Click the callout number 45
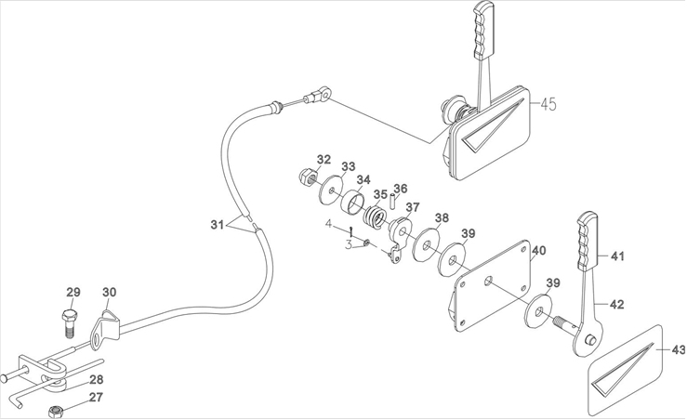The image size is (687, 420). point(548,105)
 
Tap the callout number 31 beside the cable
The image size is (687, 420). point(217,224)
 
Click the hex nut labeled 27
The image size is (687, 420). point(55,408)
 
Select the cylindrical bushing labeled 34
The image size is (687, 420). point(352,203)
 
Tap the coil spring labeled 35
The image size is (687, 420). point(376,219)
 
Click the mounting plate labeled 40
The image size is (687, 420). point(493,283)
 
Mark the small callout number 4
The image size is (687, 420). point(327,224)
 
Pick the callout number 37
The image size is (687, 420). point(412,206)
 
